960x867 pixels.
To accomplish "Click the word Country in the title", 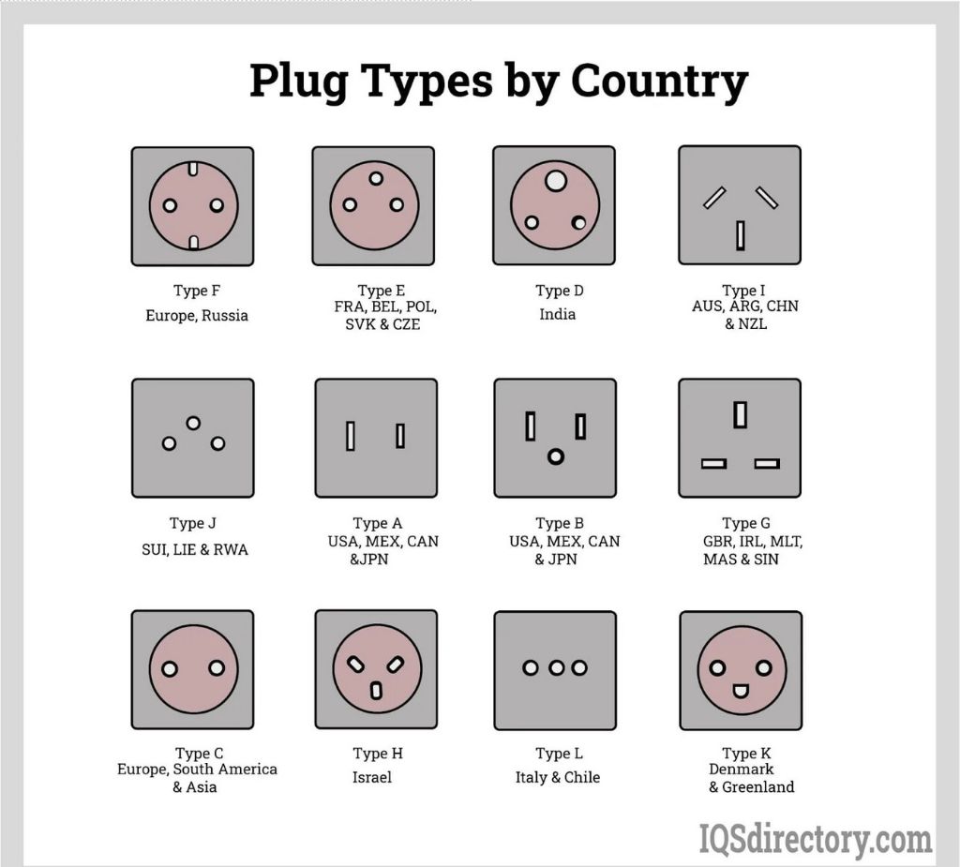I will pos(659,82).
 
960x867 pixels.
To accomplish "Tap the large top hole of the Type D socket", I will pos(555,179).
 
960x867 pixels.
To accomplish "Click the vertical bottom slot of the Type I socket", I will pos(740,234).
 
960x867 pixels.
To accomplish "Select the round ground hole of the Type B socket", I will pos(555,456).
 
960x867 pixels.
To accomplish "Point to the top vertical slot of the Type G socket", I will pos(740,414).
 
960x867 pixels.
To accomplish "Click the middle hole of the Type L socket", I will pos(555,667).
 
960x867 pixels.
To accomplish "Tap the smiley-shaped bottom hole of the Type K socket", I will pos(741,692).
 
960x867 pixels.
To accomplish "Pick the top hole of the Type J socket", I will pos(193,423).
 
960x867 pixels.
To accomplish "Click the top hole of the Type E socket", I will pos(376,178).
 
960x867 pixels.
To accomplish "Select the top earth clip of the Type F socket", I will pos(192,170).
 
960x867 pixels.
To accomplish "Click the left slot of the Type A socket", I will pos(351,436).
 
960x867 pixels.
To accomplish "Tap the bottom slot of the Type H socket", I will pos(376,691).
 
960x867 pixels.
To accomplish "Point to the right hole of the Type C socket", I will pos(217,668).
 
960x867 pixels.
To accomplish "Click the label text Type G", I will pos(739,523).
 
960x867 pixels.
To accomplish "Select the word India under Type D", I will pos(557,314).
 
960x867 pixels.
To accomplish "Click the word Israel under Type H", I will pos(372,777).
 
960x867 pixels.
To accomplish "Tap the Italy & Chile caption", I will pos(557,777).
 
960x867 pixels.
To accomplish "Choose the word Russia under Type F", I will pos(225,316).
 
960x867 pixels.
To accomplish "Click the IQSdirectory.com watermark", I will pos(816,839).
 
